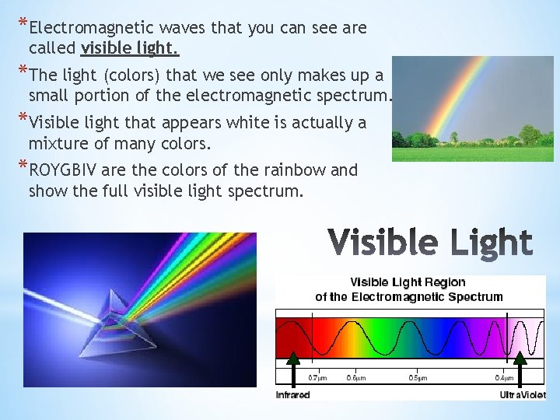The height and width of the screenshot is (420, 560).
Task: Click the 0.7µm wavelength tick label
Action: coord(317,378)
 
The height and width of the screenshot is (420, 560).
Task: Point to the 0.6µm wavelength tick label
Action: coord(357,378)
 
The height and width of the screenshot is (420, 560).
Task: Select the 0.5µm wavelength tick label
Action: coord(418,378)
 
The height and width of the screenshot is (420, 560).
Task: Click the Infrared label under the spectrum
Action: coord(292,395)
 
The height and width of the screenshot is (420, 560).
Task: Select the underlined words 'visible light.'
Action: coord(130,49)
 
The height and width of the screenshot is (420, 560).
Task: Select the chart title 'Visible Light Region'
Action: coord(408,282)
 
